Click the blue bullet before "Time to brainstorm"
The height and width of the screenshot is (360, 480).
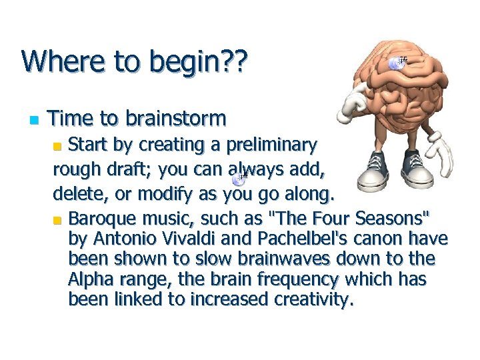coord(32,121)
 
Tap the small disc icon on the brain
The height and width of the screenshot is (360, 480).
coord(398,63)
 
